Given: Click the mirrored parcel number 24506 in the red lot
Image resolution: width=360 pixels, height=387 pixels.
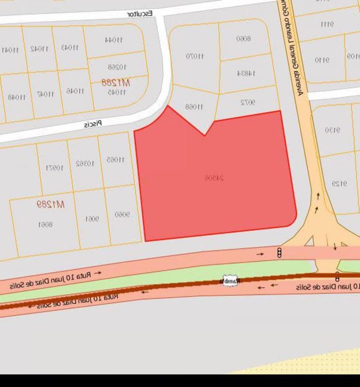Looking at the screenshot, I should pyautogui.click(x=214, y=178).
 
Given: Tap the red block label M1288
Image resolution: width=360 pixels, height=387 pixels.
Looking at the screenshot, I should pyautogui.click(x=116, y=82).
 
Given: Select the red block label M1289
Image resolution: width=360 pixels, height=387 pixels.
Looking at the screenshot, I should pyautogui.click(x=50, y=204).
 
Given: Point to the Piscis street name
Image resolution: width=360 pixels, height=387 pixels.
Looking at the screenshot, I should pyautogui.click(x=93, y=124).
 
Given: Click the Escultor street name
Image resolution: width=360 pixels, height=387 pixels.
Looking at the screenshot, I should pyautogui.click(x=140, y=14).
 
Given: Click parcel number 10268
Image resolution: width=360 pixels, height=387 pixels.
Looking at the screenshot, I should pyautogui.click(x=117, y=67).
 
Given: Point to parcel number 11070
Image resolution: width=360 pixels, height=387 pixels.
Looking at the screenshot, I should pyautogui.click(x=195, y=57).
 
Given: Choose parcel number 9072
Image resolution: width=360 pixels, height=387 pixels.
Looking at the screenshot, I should pyautogui.click(x=248, y=103).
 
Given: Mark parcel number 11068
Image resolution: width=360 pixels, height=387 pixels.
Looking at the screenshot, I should pyautogui.click(x=194, y=106).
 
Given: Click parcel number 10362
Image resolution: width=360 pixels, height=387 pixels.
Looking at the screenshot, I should pyautogui.click(x=85, y=163).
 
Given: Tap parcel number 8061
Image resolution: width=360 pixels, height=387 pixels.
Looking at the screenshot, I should pyautogui.click(x=45, y=224).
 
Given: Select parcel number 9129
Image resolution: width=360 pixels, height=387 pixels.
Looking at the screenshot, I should pyautogui.click(x=339, y=184).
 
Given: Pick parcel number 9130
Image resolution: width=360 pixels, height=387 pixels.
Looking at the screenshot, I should pyautogui.click(x=333, y=130).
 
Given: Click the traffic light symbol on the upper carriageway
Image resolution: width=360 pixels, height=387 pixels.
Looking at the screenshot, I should pyautogui.click(x=279, y=253).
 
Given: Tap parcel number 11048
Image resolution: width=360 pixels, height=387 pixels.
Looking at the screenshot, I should pyautogui.click(x=16, y=97).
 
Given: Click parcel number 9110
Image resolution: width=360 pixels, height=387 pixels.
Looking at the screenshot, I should pyautogui.click(x=322, y=60).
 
